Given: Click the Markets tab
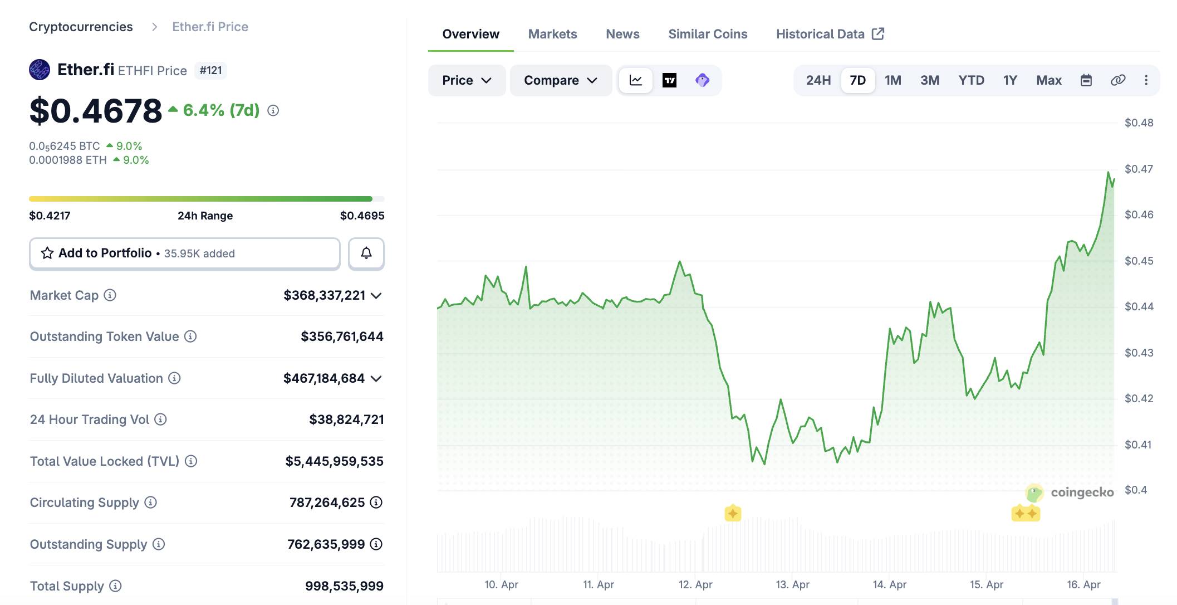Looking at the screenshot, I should click(x=552, y=34).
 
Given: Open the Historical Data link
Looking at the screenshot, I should click(x=830, y=34).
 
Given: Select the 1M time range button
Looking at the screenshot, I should click(x=892, y=80).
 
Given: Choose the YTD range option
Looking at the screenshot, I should click(x=971, y=80).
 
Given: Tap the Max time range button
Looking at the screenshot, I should click(x=1048, y=80).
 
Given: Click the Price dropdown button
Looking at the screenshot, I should click(x=467, y=80).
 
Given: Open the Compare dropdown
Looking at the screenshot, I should click(x=560, y=80).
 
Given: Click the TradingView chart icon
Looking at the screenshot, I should click(x=669, y=80).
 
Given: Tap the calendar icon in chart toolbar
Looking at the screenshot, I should click(x=1086, y=80).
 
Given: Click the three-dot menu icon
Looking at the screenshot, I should click(x=1146, y=80).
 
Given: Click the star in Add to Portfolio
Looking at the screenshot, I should click(x=47, y=253).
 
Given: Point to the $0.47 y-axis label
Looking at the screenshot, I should click(x=1139, y=169).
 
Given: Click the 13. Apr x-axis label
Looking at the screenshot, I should click(x=792, y=584).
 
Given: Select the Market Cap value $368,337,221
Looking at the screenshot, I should click(x=324, y=295).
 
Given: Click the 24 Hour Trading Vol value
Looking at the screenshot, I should click(x=346, y=419).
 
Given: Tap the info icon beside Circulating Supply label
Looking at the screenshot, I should click(x=150, y=502).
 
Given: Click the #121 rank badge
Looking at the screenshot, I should click(x=210, y=71).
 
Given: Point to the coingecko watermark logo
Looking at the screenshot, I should click(x=1070, y=492).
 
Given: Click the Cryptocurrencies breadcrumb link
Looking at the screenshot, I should click(x=81, y=27).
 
